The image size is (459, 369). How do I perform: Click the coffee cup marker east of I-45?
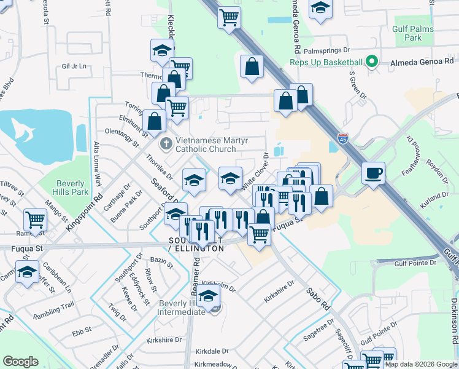[x=374, y=173]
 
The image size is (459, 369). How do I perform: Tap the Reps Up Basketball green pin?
[x=371, y=62]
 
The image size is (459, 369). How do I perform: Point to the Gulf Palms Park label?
[x=414, y=33]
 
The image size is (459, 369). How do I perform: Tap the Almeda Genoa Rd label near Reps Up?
[x=419, y=62]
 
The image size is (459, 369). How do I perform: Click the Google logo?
[x=21, y=362]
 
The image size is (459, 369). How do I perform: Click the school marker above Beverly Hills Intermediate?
[x=209, y=298]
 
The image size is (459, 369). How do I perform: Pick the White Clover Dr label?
[x=256, y=171]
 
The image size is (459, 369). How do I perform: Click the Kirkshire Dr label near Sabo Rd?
[x=280, y=290]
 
